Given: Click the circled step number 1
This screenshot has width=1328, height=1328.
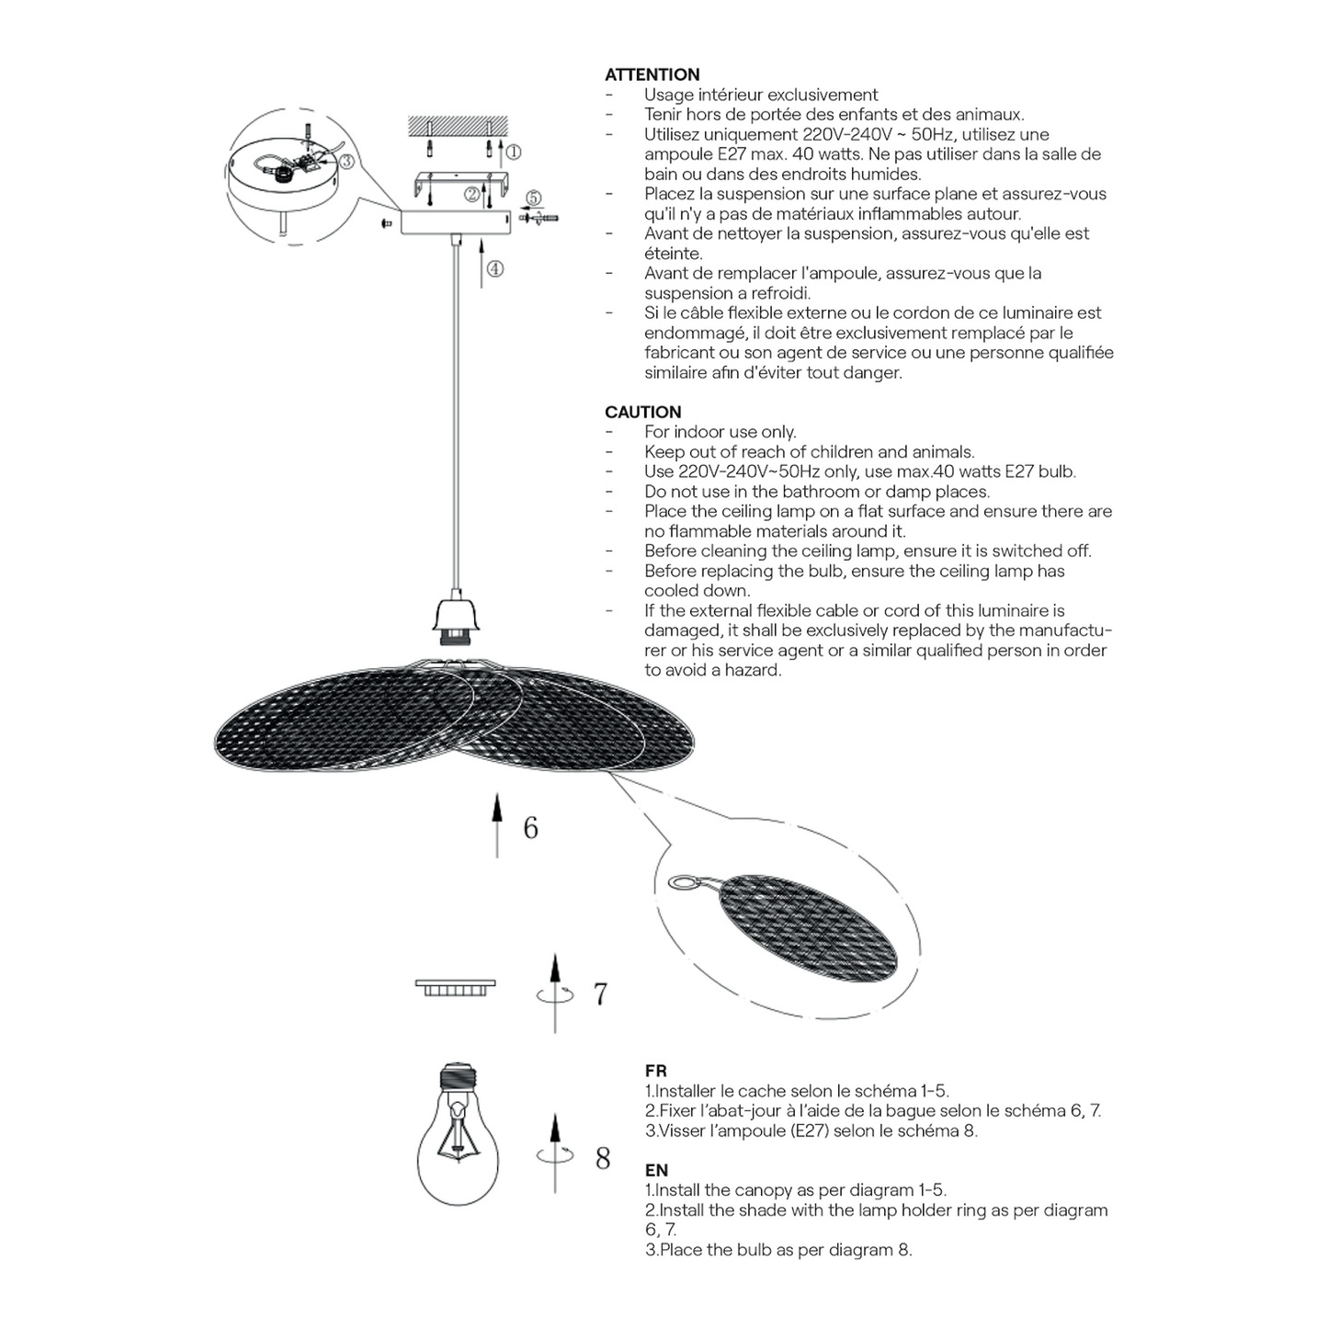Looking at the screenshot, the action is pos(513,152).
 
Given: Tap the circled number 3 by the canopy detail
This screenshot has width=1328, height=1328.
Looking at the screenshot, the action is pos(346,161).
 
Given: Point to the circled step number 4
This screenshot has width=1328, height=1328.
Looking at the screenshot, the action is pos(494,268).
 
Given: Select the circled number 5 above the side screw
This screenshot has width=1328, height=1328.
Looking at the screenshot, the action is pos(534,198).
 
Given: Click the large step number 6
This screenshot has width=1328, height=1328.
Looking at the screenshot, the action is pos(530,828).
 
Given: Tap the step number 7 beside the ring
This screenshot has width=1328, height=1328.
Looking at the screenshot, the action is pos(600,993).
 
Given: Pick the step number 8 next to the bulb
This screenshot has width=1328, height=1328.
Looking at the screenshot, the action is pos(603,1159).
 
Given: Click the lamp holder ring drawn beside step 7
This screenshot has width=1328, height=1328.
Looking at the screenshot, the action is pos(456,988).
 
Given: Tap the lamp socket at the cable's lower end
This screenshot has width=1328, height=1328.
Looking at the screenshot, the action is pos(455,619).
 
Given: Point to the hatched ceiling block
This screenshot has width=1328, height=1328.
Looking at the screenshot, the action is pos(458,125).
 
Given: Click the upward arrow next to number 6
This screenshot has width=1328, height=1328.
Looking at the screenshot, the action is pos(497,825).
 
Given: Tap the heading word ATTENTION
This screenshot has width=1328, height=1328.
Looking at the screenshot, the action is pos(652,74).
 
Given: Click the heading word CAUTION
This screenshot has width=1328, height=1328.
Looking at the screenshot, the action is pos(643,412).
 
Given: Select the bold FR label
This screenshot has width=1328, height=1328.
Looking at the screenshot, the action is pos(656,1071).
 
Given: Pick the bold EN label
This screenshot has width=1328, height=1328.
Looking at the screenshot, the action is pos(657,1170).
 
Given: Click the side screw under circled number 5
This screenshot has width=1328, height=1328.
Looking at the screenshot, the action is pos(539,219).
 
